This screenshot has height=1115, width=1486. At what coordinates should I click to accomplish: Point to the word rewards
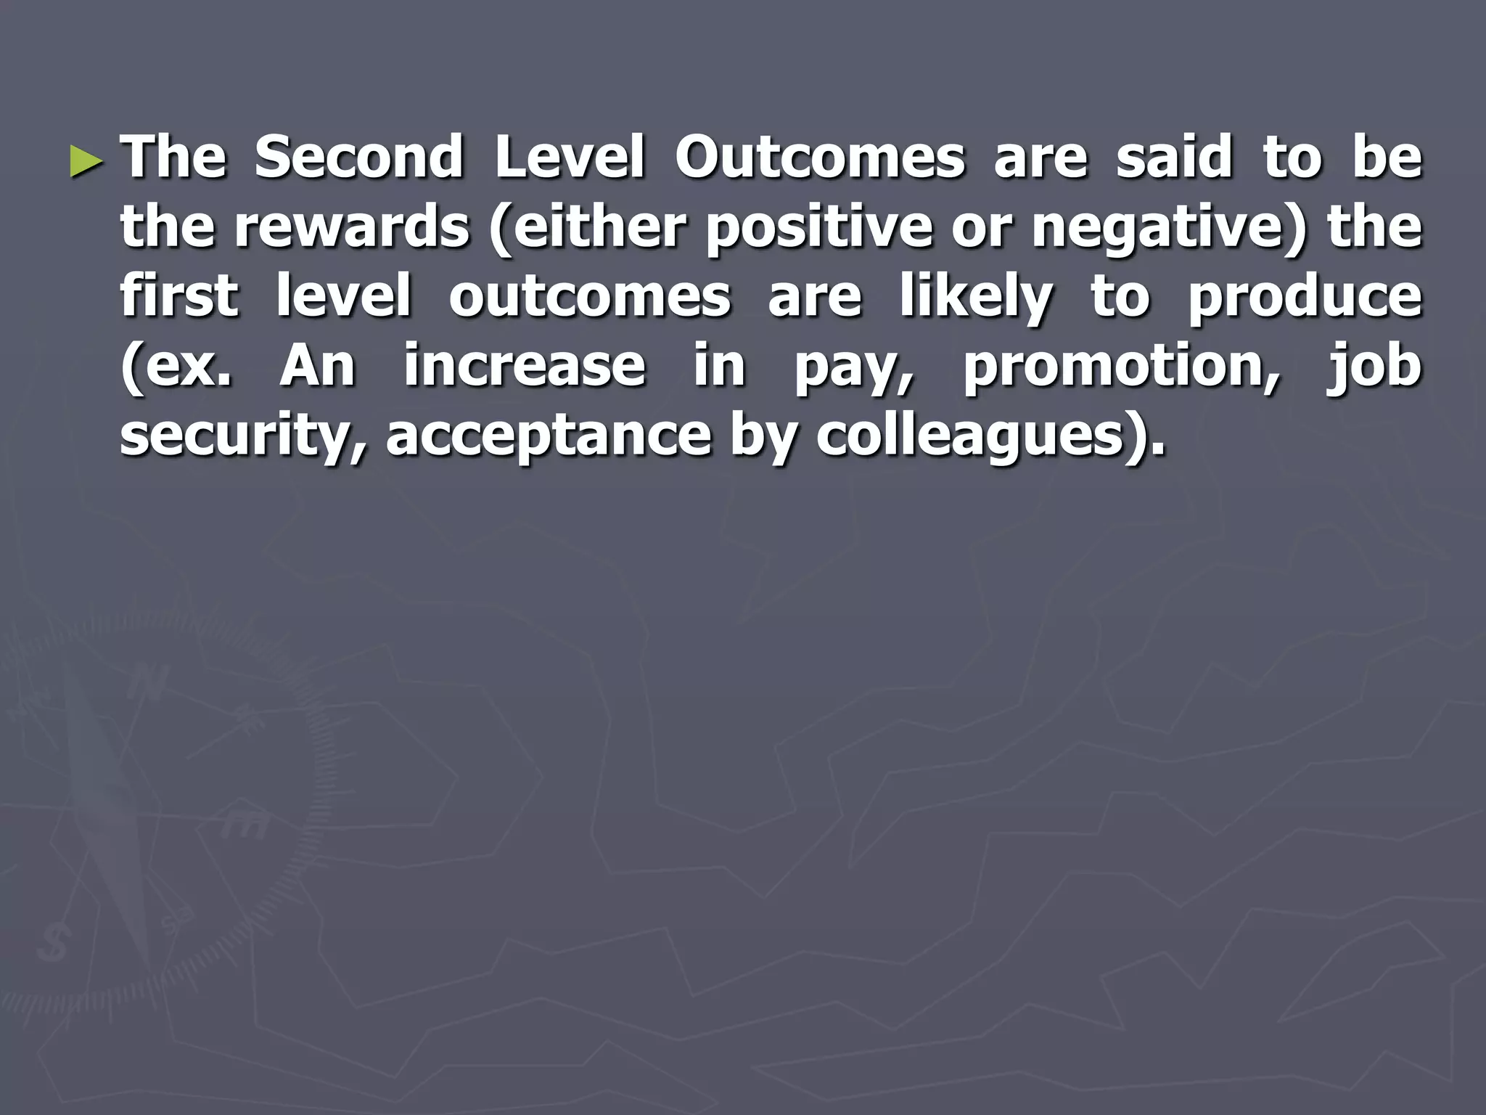coord(352,226)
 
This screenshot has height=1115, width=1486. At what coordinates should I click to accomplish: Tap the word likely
coord(976,298)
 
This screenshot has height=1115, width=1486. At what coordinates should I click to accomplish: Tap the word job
coord(1374,367)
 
